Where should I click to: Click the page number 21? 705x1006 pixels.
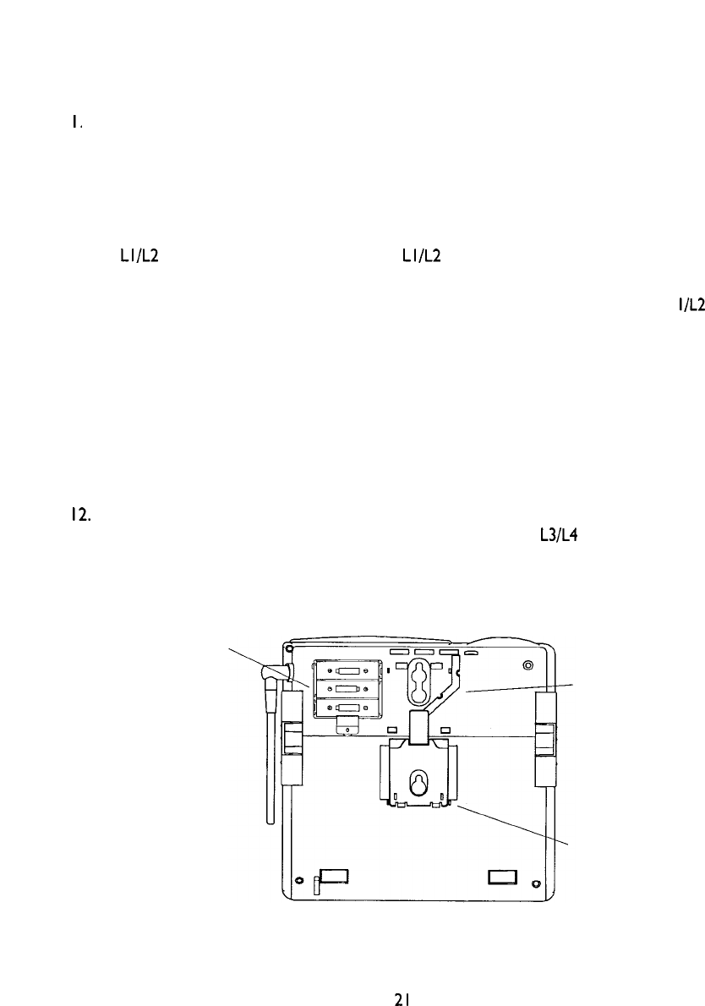[402, 998]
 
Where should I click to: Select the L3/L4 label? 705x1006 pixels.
[560, 534]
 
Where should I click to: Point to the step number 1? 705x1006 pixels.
[76, 123]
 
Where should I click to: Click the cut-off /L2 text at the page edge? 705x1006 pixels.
[691, 304]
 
